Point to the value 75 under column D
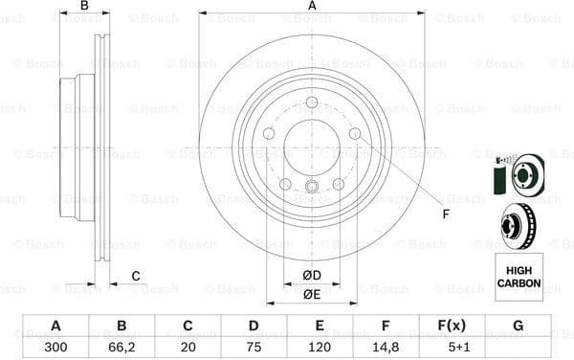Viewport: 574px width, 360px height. (x=252, y=347)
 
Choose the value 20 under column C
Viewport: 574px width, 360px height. (x=187, y=347)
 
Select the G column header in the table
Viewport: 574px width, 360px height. (x=518, y=326)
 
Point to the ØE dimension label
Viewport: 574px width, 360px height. (x=312, y=295)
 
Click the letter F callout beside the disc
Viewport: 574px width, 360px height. (x=445, y=214)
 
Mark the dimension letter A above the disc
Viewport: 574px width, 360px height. (x=312, y=7)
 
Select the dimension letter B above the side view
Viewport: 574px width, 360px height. (x=84, y=7)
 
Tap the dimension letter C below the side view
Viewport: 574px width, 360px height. (x=136, y=277)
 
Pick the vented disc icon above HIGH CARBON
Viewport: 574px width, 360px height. (x=517, y=227)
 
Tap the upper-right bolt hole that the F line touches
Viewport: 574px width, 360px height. (x=355, y=134)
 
